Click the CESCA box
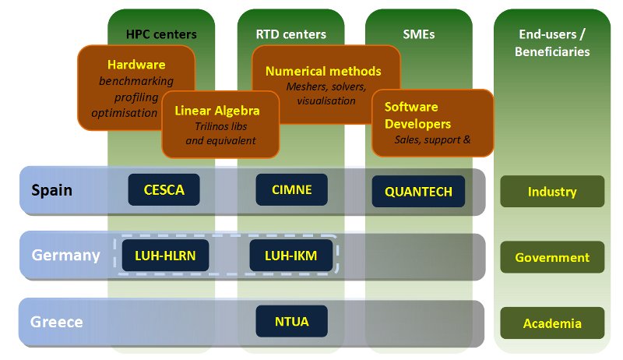click(x=164, y=189)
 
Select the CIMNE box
click(x=292, y=189)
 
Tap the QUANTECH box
click(x=418, y=192)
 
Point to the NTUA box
click(x=291, y=321)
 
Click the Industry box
click(x=552, y=191)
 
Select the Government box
click(x=552, y=257)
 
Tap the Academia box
click(x=552, y=323)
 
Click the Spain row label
click(x=53, y=189)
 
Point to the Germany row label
click(x=65, y=255)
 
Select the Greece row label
click(x=56, y=321)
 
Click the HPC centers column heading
click(x=161, y=34)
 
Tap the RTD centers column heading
click(x=290, y=34)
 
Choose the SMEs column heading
click(x=418, y=34)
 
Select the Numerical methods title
click(x=323, y=71)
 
